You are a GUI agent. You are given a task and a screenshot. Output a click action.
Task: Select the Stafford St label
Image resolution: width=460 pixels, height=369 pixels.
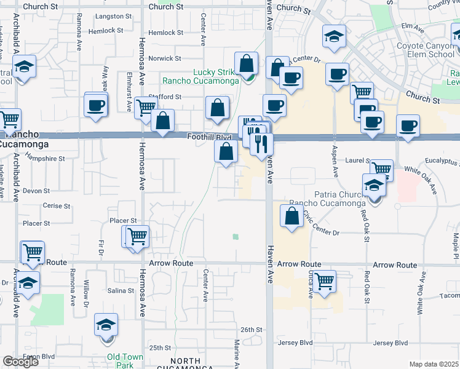(166, 97)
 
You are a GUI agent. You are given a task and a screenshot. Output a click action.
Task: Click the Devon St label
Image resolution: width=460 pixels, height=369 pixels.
(31, 191)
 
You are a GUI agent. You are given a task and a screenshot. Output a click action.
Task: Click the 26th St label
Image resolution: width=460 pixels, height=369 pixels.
(252, 330)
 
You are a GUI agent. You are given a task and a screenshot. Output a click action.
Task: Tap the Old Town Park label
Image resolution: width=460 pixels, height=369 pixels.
(125, 361)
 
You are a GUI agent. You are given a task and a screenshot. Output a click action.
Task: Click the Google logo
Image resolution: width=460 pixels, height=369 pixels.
(20, 362)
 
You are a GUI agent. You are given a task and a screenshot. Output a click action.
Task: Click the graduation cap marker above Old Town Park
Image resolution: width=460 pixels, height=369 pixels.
(106, 325)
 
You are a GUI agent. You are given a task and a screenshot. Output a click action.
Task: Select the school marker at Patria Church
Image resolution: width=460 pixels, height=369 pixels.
(373, 185)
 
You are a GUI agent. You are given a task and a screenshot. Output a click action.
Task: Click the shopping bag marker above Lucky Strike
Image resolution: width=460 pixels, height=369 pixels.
(246, 63)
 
